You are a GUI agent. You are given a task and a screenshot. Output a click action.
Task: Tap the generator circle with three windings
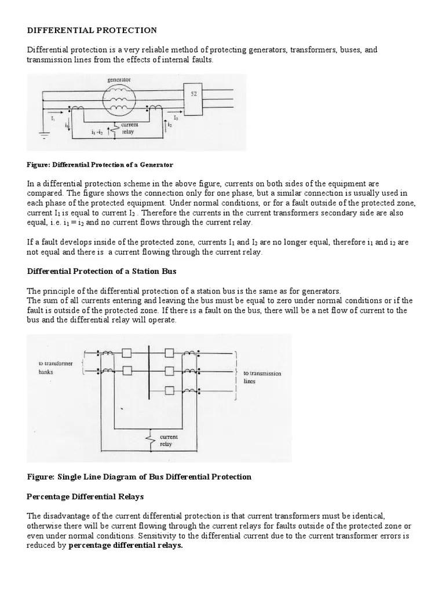point(119,99)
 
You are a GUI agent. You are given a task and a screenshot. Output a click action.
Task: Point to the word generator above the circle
point(119,79)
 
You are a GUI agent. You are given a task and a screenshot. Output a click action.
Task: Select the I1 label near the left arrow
point(53,118)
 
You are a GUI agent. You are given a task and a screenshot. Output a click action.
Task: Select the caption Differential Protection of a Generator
point(100,165)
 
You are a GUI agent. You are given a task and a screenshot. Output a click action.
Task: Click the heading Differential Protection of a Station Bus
point(102,271)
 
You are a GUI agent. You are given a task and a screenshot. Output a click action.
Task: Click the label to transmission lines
point(262,378)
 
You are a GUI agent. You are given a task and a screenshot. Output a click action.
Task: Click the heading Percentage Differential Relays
point(86,497)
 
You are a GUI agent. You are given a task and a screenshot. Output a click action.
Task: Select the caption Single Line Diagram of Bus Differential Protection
point(139,477)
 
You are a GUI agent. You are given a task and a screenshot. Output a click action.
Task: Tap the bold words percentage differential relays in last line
point(126,546)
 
